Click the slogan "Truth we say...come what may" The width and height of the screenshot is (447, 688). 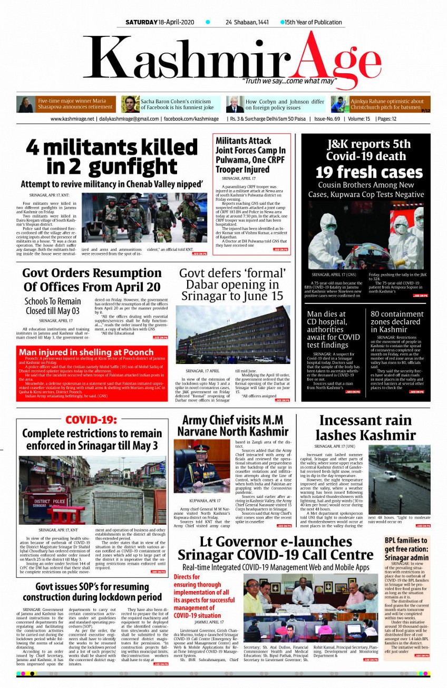tap(289, 81)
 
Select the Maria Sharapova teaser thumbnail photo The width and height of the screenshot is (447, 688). tap(26, 104)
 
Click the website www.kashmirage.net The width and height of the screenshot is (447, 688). tap(73, 119)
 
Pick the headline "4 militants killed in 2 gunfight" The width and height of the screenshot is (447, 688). tap(112, 156)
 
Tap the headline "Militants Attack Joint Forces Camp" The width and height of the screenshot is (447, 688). tap(250, 155)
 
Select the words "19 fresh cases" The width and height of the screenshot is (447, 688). tap(369, 172)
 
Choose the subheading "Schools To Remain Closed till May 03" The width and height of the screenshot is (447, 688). tap(53, 306)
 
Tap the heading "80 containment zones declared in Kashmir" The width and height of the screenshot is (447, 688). tap(397, 322)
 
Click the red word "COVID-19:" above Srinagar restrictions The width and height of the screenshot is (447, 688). tap(91, 420)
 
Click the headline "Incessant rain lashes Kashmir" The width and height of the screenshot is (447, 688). tap(365, 428)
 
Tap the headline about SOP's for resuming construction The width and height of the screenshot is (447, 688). tap(92, 592)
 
